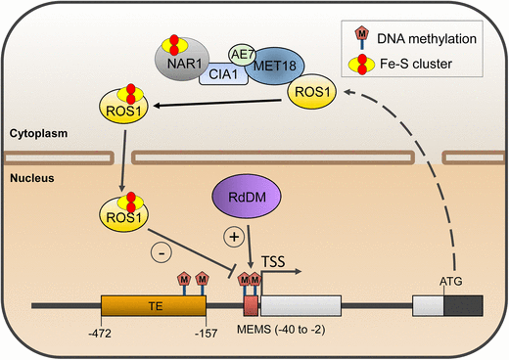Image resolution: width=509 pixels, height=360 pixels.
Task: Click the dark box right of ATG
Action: pyautogui.click(x=463, y=305)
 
